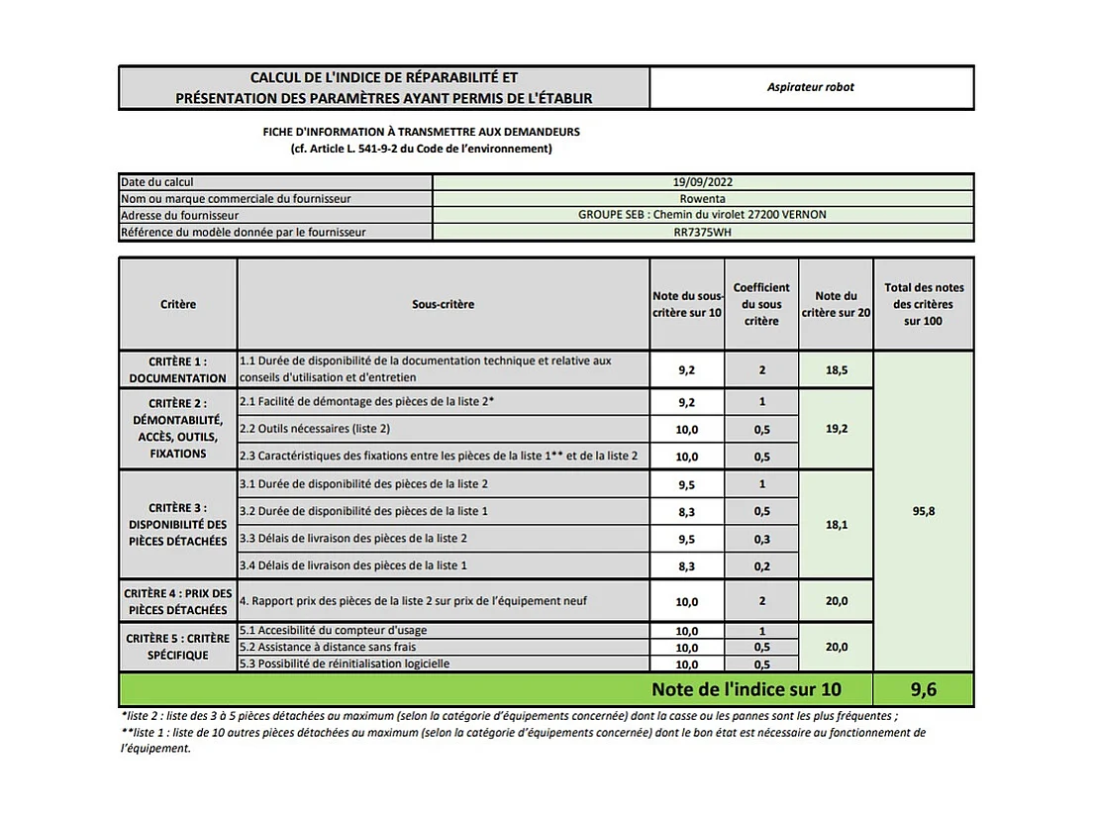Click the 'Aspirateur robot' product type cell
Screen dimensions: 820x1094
pos(810,87)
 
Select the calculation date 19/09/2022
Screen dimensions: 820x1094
pos(702,182)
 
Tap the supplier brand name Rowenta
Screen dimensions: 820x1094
pos(702,198)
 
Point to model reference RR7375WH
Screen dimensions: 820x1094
pos(702,232)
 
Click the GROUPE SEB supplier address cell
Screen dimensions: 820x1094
pos(702,215)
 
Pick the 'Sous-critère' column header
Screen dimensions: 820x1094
pos(443,304)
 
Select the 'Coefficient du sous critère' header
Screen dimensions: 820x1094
pos(761,304)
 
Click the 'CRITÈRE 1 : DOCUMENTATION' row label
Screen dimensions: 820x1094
pos(177,369)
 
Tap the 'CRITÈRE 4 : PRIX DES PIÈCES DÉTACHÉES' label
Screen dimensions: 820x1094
pos(177,601)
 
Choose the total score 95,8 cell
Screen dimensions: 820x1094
pos(923,511)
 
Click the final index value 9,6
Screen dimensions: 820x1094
pos(923,689)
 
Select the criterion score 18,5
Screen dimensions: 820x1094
pos(835,369)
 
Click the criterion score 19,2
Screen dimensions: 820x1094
pos(835,429)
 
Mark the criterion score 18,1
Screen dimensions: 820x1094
pos(835,525)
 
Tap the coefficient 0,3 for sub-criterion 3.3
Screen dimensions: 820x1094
pos(761,538)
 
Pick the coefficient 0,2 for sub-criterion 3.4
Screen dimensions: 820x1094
pos(761,564)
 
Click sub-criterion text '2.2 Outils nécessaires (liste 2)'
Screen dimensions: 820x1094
pos(315,429)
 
